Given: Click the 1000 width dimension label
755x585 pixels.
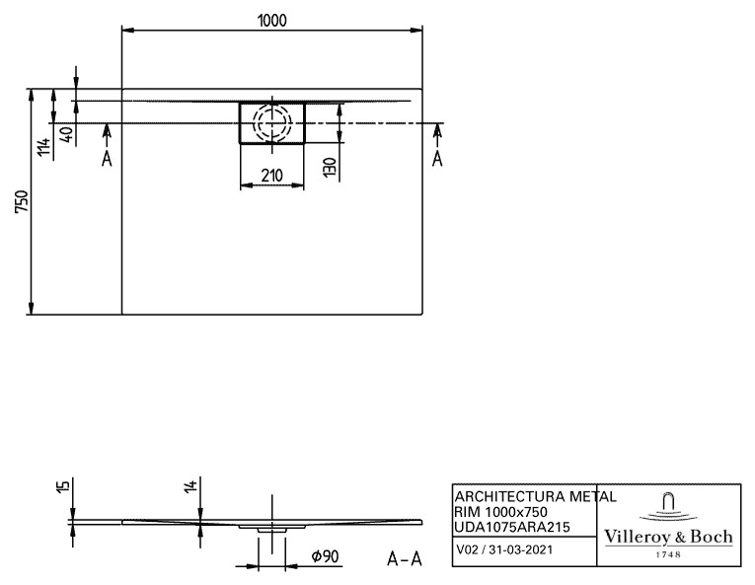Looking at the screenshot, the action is coord(272,20).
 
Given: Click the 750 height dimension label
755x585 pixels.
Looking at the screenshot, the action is coord(22,201).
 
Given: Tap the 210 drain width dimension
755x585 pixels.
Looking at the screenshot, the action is coord(272,176).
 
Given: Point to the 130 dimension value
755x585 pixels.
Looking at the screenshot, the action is coord(330,167).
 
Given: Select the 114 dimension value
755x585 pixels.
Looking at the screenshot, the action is coord(43,147).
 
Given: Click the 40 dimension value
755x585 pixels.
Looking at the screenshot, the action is coord(67,134).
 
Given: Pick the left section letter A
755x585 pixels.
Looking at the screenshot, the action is coord(107,158).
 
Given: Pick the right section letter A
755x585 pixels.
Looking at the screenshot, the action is coord(437,158).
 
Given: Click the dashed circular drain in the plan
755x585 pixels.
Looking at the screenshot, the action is coord(272,107).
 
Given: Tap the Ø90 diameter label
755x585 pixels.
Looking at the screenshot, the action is coord(325,556).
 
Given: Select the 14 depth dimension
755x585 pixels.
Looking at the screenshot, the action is coord(191,485).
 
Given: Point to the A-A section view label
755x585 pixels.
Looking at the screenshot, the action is coord(405,559).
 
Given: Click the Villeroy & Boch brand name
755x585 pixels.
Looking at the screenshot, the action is coord(668,537).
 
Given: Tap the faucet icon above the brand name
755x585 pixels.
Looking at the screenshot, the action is coord(668,506).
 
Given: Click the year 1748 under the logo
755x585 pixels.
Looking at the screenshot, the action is coord(669,554).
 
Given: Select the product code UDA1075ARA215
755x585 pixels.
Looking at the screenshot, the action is coord(512,527).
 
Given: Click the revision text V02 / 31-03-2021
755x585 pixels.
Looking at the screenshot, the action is coord(504,549).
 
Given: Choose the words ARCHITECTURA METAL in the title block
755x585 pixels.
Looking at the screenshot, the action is coord(536,496).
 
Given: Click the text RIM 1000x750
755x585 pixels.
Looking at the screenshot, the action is coord(500,512).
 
